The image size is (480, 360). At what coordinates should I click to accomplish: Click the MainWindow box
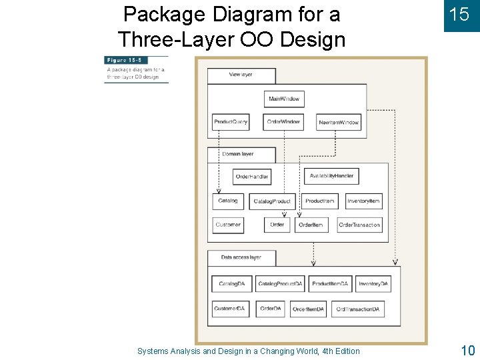(x=284, y=99)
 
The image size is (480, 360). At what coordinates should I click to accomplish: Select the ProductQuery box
(x=231, y=122)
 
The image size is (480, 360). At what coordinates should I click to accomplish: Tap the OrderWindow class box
(x=283, y=122)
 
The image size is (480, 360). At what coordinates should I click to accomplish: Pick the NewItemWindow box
(x=339, y=123)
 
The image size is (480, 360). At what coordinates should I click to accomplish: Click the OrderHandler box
(x=252, y=177)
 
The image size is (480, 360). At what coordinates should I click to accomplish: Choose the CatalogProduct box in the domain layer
(x=272, y=201)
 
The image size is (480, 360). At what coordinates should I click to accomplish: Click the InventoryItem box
(x=363, y=201)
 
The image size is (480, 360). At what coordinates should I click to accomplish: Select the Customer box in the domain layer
(x=228, y=225)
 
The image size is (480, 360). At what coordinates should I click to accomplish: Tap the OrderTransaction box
(x=359, y=225)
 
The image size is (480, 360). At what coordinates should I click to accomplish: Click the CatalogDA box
(x=231, y=284)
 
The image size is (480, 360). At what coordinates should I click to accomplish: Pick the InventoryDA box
(x=373, y=284)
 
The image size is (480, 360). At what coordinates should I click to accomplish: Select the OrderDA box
(x=271, y=309)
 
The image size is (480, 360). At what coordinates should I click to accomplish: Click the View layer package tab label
(x=241, y=75)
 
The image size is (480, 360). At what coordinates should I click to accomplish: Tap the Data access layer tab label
(x=241, y=257)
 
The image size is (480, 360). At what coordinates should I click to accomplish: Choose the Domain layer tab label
(x=238, y=154)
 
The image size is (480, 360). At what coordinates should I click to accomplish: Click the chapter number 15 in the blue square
(x=459, y=15)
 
